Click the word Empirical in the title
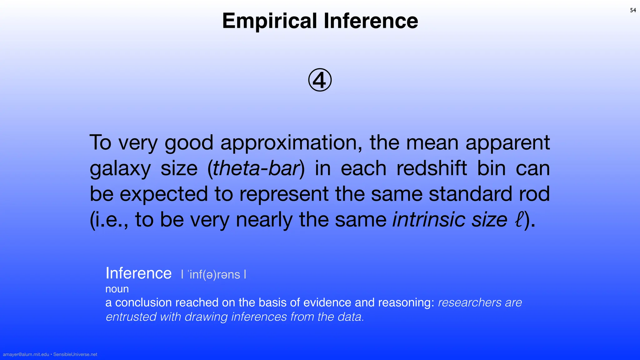[x=269, y=21]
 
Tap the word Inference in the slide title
[x=371, y=21]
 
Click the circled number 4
[x=320, y=80]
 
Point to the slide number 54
[x=633, y=10]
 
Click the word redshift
[x=432, y=168]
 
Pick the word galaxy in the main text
[x=120, y=169]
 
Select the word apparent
[x=507, y=143]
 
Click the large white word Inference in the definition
[x=138, y=273]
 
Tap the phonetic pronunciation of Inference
[x=214, y=275]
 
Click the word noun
[x=117, y=289]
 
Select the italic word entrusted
[x=131, y=317]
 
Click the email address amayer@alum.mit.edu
[x=26, y=354]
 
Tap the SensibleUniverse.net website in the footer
[x=75, y=354]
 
